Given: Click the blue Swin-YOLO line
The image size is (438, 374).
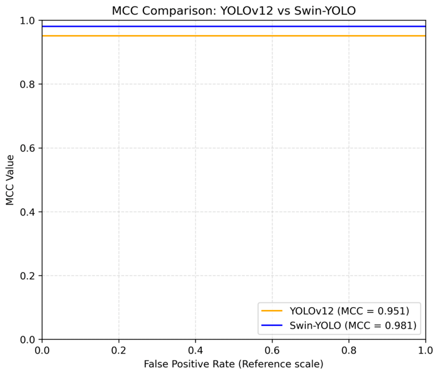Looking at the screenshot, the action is pos(234,27).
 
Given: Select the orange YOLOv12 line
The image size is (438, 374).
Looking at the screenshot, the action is pos(234,36).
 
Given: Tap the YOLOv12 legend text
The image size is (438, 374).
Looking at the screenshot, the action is pos(349,311).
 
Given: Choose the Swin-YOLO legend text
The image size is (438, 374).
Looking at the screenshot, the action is pos(353,325).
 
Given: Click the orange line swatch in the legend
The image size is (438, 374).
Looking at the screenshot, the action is pos(272,311).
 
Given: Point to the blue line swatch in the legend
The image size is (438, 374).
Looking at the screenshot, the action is pos(272,325).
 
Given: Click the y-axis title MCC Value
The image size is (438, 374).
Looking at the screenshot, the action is pos(10,180).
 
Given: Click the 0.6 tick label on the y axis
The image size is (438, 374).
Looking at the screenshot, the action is pos(27,148).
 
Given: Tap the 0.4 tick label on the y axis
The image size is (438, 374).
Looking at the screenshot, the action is pos(27,212).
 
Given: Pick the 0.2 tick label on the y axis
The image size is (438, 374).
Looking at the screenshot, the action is pos(27,275).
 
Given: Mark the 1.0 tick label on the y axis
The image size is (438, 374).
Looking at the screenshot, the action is pos(27,20).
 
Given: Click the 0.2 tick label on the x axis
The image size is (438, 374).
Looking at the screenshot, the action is pos(119,351).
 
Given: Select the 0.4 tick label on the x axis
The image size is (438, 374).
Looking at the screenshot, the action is pos(195,351).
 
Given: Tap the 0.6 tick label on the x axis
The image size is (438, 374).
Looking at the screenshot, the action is pos(272,351).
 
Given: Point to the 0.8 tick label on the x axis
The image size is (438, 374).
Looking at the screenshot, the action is pos(349,351).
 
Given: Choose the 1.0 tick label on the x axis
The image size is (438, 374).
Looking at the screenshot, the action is pos(426,351).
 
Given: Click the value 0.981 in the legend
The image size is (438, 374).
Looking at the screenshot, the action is pos(399,325).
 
